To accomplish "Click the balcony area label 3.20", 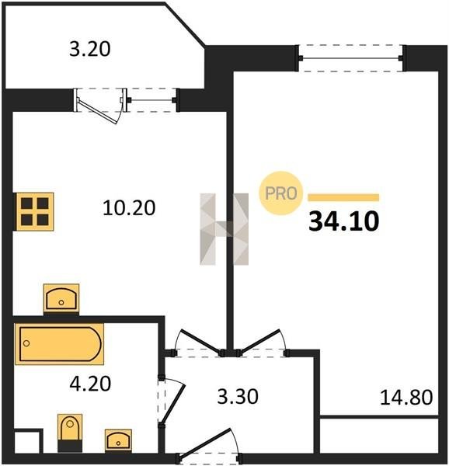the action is pos(90,49).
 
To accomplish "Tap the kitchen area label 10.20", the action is pos(129,207).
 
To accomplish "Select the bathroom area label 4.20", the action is pos(90,384).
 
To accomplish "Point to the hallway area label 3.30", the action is pos(238,396).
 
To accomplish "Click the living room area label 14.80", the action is pos(406,398).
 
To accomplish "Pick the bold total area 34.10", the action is pos(344,221).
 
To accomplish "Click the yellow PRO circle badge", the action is pos(280,193).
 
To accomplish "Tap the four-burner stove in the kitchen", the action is pos(35,211).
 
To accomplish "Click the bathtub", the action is pos(60,344).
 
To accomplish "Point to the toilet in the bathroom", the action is pos(70,433).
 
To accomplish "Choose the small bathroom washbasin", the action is pos(118,440).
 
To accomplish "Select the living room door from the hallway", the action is pos(259,341).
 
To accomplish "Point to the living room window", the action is pos(351,58).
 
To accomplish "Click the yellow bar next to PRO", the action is pos(343,197).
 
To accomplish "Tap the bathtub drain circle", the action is pos(26,343).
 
